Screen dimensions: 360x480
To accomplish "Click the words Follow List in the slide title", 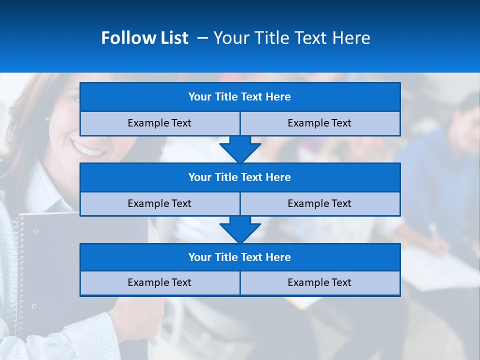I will (x=144, y=38).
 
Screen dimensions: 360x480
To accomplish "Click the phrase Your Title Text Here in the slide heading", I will (x=291, y=38).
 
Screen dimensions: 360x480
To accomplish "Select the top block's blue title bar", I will (x=240, y=97).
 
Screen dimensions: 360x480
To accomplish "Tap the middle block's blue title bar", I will (x=240, y=177).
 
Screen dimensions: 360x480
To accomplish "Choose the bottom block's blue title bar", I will (x=240, y=257).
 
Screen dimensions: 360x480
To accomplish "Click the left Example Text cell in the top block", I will (x=159, y=123).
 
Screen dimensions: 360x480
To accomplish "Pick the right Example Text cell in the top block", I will (x=319, y=123).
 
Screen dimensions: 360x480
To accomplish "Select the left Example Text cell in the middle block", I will (x=159, y=204).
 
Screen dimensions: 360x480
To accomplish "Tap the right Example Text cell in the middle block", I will (x=319, y=204).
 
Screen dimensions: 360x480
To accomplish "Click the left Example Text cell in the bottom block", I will (x=159, y=283).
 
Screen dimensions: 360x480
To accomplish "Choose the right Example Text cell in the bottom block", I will (x=319, y=283).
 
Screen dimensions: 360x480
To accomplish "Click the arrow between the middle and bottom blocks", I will (x=240, y=229).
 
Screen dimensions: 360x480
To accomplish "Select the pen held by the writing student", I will (x=433, y=231).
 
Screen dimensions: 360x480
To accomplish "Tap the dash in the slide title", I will (x=202, y=38).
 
